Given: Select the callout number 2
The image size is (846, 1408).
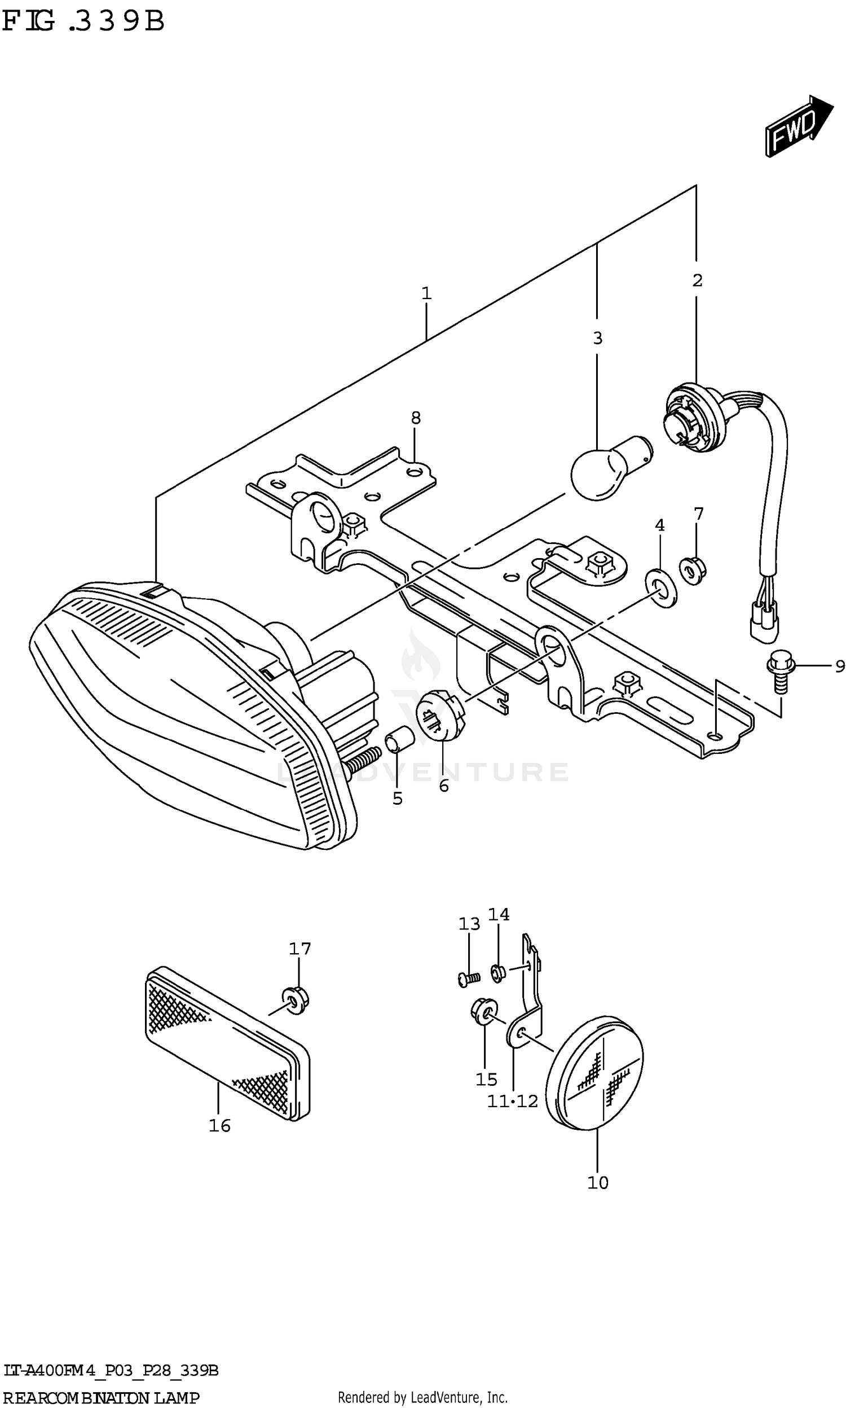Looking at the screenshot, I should tap(697, 280).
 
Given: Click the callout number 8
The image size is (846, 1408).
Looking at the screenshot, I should tap(416, 418).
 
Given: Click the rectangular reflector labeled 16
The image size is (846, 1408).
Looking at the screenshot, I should tap(227, 1045).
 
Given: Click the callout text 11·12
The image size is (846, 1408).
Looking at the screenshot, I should tap(513, 1101).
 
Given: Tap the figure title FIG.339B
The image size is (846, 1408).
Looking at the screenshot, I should tap(83, 21).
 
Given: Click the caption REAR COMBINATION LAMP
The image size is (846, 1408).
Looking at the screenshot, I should tap(102, 1393).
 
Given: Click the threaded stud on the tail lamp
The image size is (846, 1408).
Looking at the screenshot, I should tap(362, 760).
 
